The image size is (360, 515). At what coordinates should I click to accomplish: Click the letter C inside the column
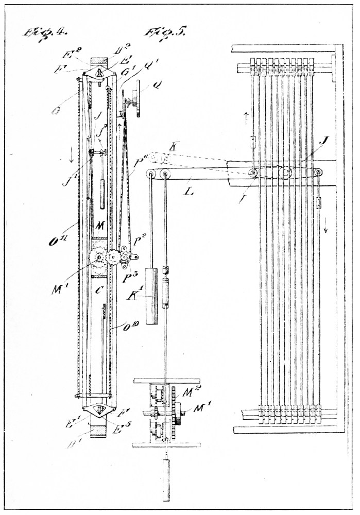click(x=96, y=290)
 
